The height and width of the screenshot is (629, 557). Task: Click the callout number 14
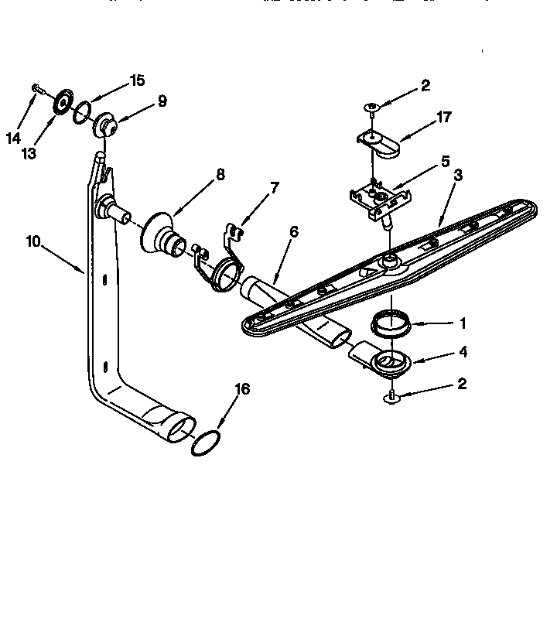(x=13, y=138)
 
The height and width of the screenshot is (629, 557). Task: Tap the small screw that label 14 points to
(x=36, y=89)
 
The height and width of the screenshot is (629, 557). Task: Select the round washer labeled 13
(x=60, y=103)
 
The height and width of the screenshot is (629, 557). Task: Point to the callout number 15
(x=137, y=80)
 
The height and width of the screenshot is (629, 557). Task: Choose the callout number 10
(x=32, y=241)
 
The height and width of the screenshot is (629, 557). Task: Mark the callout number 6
(x=293, y=231)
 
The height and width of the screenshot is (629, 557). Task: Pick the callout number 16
(x=242, y=389)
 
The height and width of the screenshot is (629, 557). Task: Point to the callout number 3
(x=458, y=175)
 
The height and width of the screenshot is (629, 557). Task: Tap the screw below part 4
(x=391, y=397)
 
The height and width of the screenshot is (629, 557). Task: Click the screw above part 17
(x=373, y=105)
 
